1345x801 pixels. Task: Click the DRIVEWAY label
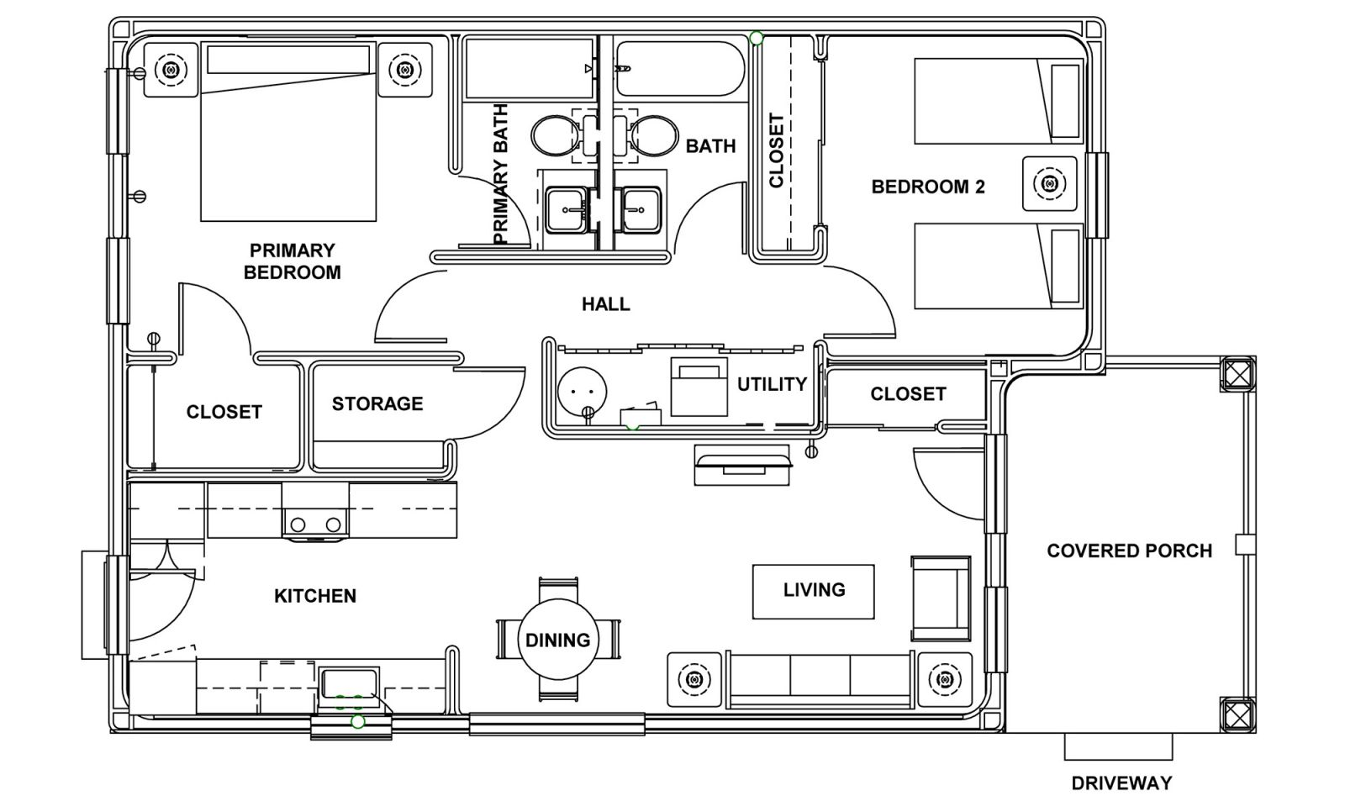1121,783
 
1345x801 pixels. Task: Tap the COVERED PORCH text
1130,551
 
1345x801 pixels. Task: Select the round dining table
558,640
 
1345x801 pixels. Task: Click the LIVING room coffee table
813,592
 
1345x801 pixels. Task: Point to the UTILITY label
773,384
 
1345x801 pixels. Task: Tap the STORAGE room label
377,403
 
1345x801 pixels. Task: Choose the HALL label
606,304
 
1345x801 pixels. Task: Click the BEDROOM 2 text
928,187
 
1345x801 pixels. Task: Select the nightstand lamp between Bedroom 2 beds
1050,183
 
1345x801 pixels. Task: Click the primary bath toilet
557,134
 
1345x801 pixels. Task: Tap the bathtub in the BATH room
680,68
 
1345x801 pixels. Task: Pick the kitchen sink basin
349,683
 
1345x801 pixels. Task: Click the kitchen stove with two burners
315,511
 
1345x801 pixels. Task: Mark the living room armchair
941,598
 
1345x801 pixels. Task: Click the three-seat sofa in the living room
820,680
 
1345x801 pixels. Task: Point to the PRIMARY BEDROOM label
292,261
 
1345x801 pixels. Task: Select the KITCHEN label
315,596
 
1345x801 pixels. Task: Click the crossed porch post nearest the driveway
1237,714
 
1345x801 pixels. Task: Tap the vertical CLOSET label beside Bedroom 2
777,150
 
